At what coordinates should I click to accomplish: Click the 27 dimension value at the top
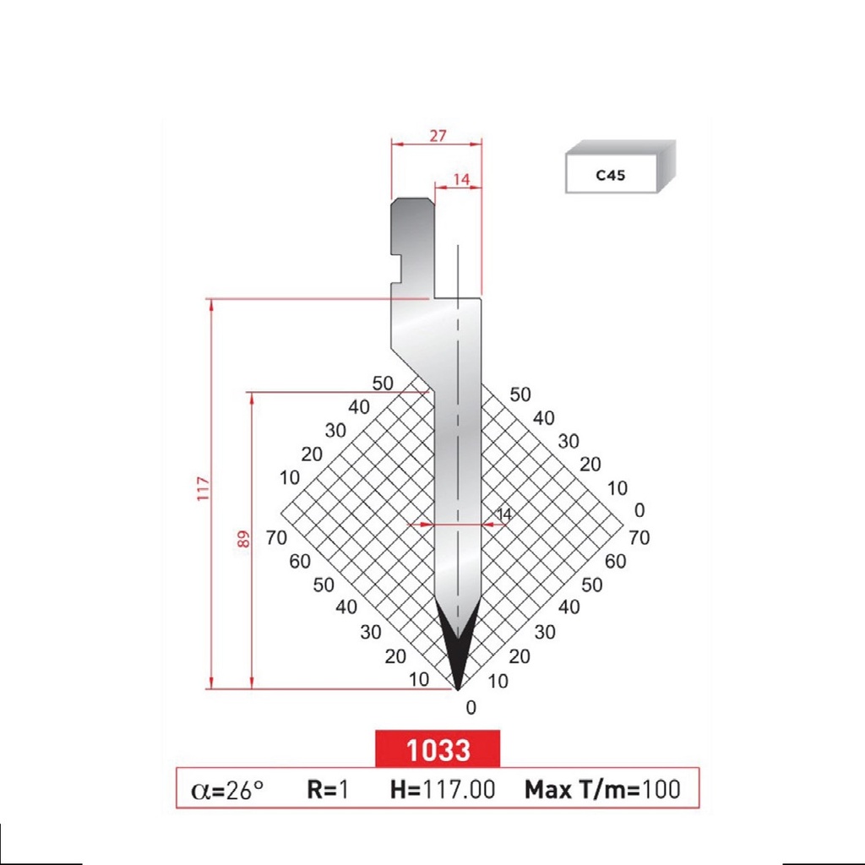coord(436,134)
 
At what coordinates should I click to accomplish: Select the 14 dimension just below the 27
coord(461,178)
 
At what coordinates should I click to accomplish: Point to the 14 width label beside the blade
coord(504,514)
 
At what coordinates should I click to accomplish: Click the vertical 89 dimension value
coord(244,538)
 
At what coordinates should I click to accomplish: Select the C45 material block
coord(620,171)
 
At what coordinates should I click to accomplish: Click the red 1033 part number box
coord(438,748)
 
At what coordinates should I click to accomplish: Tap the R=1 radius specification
coord(327,790)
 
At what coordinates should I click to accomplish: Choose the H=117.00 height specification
coord(442,790)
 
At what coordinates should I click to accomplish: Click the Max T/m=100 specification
coord(602,790)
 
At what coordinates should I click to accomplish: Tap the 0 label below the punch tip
coord(471,708)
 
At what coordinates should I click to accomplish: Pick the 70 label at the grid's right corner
coord(639,537)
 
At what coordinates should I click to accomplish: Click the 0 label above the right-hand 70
coord(639,510)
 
